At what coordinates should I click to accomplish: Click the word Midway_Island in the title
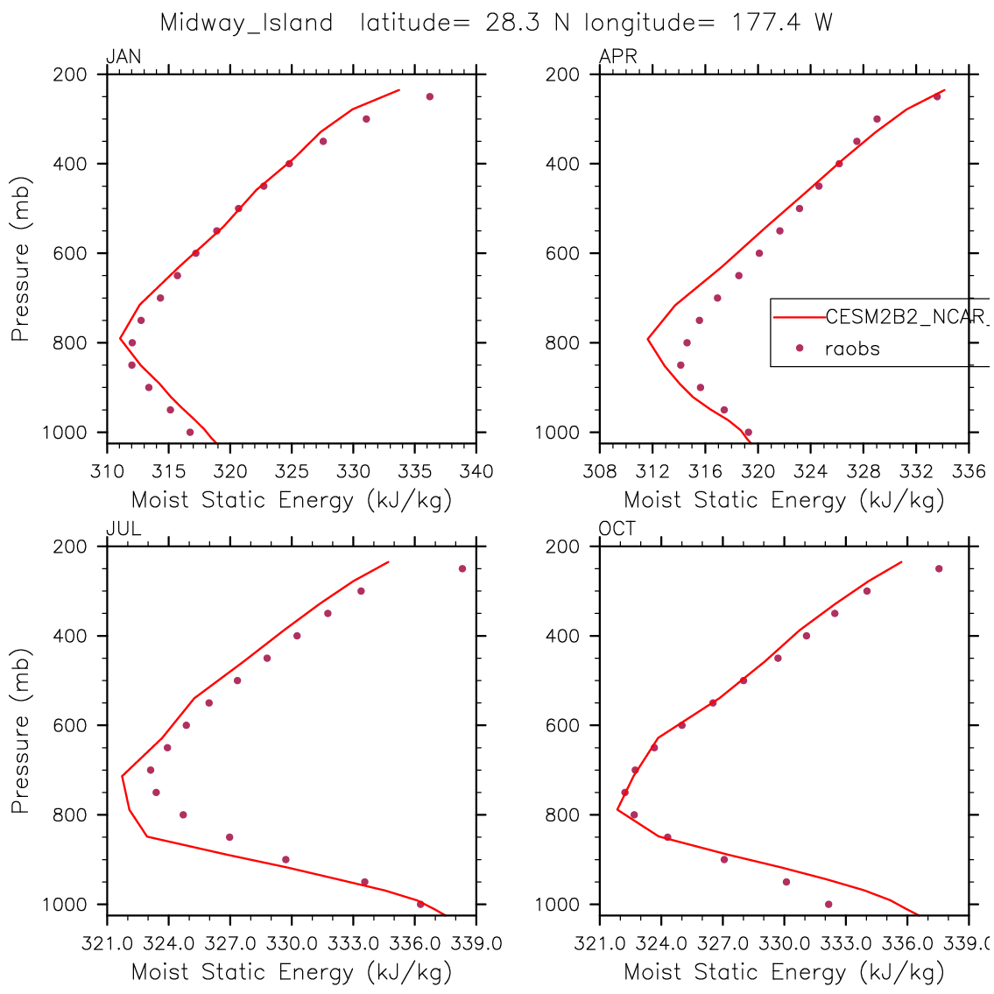pos(246,23)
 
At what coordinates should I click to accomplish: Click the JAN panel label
pos(123,58)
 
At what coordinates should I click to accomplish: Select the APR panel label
pos(617,58)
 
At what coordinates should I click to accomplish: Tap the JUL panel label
pos(123,529)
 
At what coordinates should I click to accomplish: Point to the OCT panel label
pos(617,529)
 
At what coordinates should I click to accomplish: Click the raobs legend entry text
pos(852,349)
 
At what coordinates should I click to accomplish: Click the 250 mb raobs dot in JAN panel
pos(430,96)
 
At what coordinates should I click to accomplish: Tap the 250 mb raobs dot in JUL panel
pos(462,568)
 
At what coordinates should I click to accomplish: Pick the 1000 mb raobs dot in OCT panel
pos(828,904)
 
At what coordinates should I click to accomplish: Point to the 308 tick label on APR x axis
pos(600,472)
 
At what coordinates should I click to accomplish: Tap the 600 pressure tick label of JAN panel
pos(75,254)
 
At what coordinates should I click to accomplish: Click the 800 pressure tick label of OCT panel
pos(568,815)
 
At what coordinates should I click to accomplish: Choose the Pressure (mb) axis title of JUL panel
pos(21,731)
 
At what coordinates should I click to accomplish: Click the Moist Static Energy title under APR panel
pos(784,500)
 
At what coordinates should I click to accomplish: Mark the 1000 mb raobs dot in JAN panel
pos(190,432)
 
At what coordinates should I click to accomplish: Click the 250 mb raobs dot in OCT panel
pos(939,568)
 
